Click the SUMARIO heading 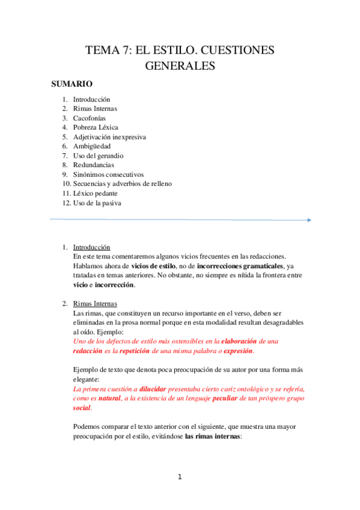tap(72, 84)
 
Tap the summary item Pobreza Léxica tap(96, 127)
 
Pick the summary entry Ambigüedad tap(92, 146)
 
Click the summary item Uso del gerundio tap(98, 155)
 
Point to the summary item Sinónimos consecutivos tap(108, 174)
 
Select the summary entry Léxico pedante tap(95, 193)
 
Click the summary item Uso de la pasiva tap(97, 203)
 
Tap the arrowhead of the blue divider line tap(309, 220)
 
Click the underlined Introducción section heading tap(91, 247)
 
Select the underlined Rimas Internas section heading tap(95, 304)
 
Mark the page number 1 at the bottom tap(180, 478)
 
